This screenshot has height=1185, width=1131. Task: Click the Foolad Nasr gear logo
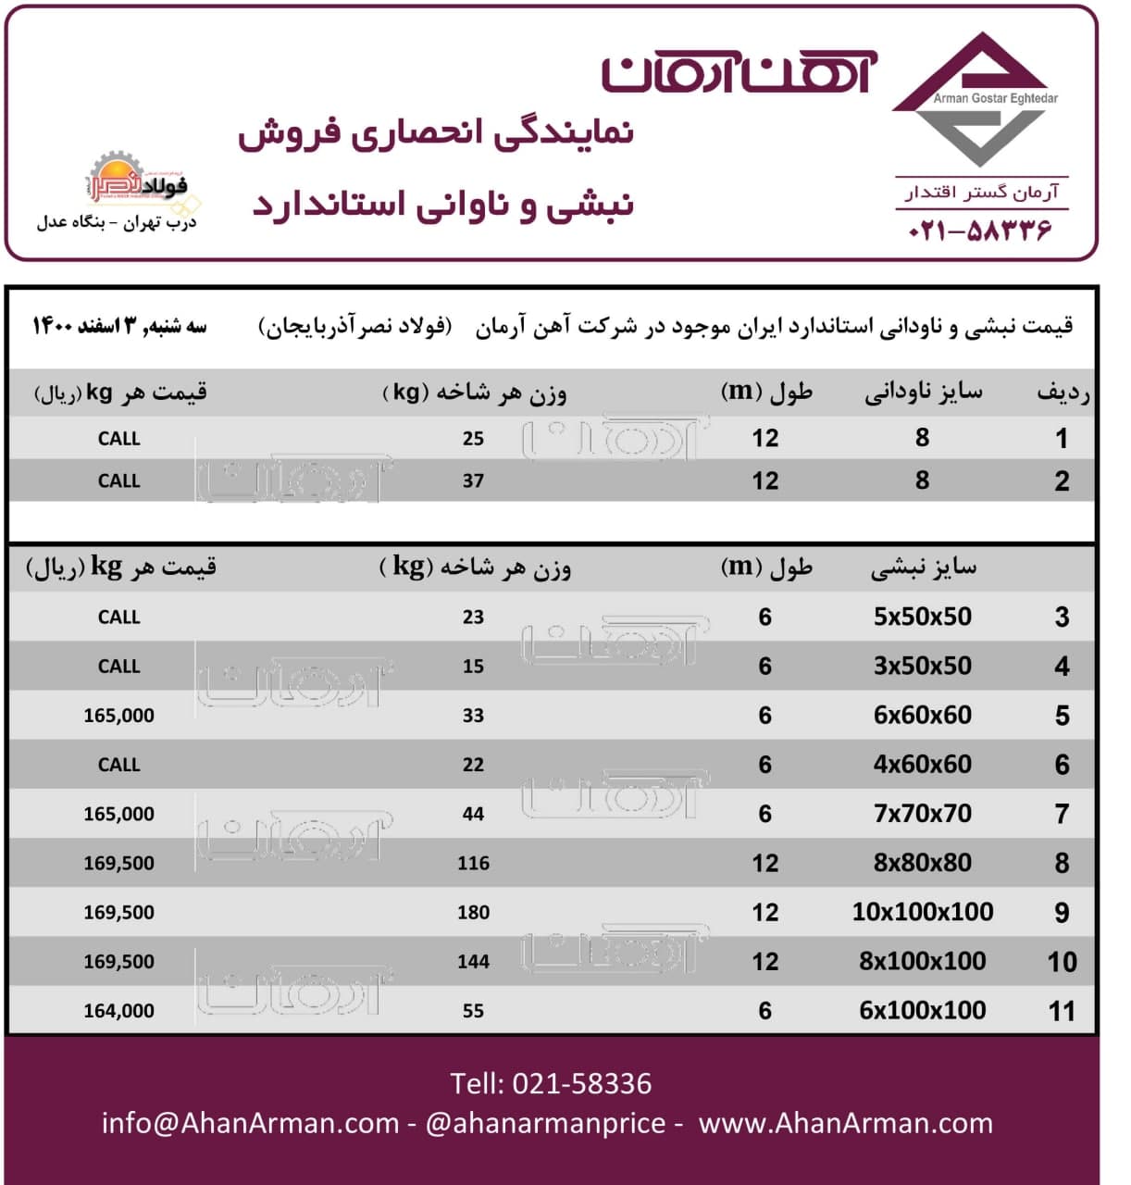coord(139,181)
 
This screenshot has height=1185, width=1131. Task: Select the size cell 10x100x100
coord(923,912)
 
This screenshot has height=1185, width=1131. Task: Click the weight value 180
coord(473,913)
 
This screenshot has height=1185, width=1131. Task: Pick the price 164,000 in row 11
coord(118,1011)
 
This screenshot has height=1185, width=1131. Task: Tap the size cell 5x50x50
coord(923,617)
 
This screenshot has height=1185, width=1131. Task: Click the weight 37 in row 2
coord(473,481)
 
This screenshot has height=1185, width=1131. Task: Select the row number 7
coord(1062,815)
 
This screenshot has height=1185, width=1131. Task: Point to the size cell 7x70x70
coord(923,814)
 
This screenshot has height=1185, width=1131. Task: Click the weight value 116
coord(473,864)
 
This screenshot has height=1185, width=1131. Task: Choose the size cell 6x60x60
coord(923,716)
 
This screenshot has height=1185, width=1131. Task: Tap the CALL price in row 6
coord(118,765)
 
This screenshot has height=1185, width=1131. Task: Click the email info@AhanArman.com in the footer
coord(250,1123)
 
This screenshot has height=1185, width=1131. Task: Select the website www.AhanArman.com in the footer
coord(845,1123)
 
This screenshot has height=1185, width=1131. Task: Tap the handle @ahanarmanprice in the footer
coord(545,1123)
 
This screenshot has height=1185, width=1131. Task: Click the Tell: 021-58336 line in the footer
coord(551,1083)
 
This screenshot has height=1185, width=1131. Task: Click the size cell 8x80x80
coord(923,863)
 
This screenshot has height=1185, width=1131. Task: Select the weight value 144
coord(473,962)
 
